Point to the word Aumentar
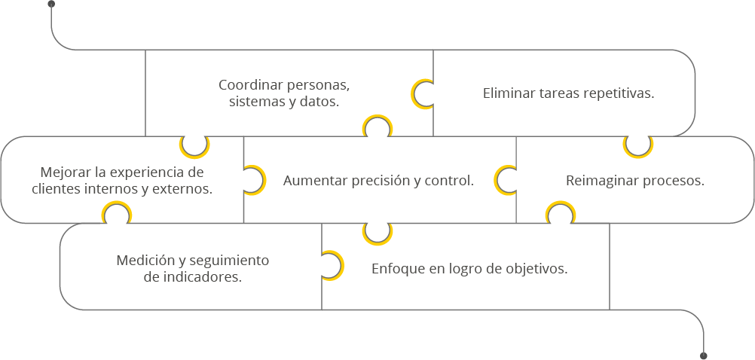pos(310,181)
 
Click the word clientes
pos(56,189)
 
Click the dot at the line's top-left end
pos(51,4)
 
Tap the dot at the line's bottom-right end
pos(704,355)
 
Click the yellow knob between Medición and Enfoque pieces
pos(331,265)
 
